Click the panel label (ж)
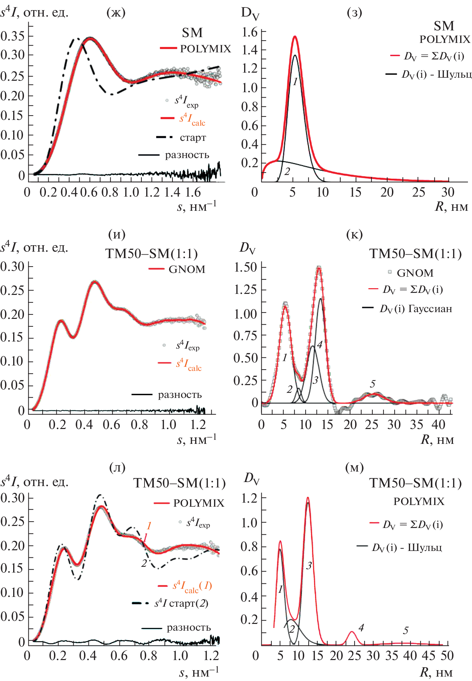(x=116, y=12)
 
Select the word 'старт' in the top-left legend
(x=193, y=137)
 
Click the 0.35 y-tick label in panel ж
(x=13, y=36)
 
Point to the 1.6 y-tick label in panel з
(x=250, y=32)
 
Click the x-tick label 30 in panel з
(x=448, y=192)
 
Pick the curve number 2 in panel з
(x=287, y=171)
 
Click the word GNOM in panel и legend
(x=187, y=269)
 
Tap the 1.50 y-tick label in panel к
(x=245, y=267)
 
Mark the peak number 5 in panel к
(x=372, y=384)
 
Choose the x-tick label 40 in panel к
(x=439, y=425)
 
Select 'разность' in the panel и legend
(x=180, y=395)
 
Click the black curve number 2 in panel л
(x=144, y=563)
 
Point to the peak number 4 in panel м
(x=361, y=628)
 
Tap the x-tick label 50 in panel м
(x=447, y=656)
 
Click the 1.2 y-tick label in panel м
(x=250, y=498)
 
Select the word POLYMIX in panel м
(x=419, y=502)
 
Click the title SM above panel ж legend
(x=192, y=33)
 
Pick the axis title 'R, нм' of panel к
(x=437, y=440)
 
